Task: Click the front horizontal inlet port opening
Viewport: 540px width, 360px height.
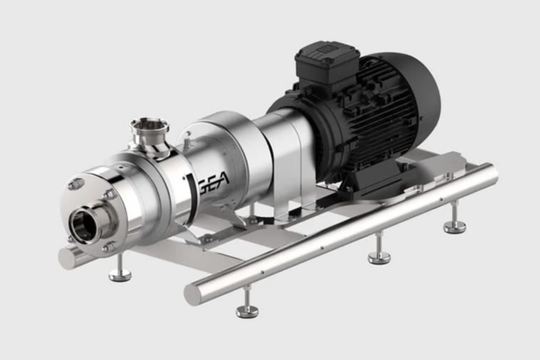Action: (x=85, y=223)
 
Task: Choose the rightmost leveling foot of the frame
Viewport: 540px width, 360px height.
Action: (x=454, y=224)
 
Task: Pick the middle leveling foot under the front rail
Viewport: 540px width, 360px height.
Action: (x=379, y=256)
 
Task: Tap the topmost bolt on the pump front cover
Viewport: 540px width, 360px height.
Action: (x=76, y=184)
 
